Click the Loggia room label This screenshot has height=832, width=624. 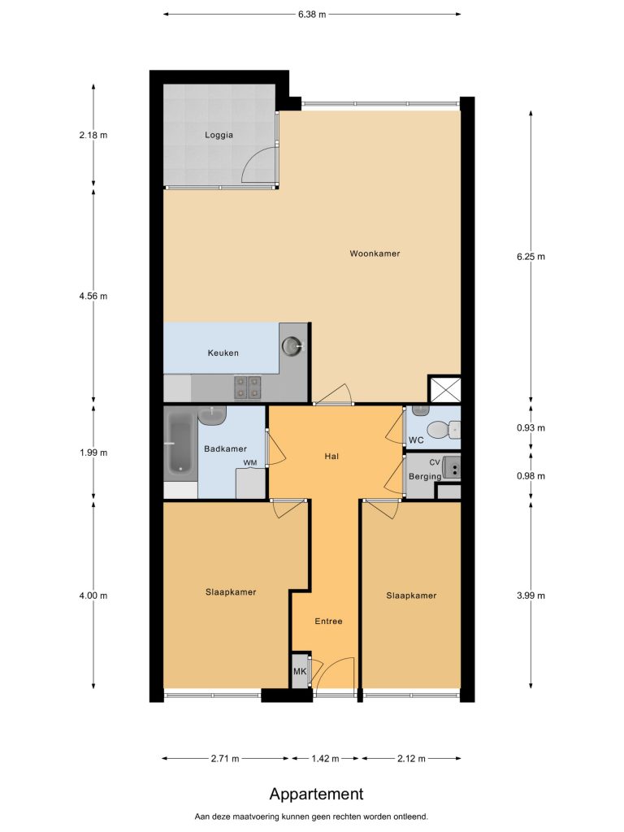[219, 135]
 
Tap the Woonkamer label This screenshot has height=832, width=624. [375, 253]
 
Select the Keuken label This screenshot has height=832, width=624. [223, 353]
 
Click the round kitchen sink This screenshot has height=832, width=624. [292, 346]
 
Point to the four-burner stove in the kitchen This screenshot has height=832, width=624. [248, 388]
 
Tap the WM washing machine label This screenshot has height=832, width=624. [250, 462]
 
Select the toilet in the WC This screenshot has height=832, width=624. [444, 430]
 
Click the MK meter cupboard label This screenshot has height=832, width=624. [300, 672]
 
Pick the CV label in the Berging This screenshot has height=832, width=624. [435, 462]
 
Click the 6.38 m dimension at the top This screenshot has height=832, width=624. [312, 15]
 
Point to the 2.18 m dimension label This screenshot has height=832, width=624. [93, 136]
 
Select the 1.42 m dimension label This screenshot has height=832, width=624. [325, 759]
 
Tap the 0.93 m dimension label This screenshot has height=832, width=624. [531, 427]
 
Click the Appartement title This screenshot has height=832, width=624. [316, 795]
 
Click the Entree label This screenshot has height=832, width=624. [328, 622]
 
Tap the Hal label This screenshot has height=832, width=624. [331, 457]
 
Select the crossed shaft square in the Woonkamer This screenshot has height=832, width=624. [444, 389]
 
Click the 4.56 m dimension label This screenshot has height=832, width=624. [93, 296]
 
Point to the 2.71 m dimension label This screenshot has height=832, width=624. [225, 759]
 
